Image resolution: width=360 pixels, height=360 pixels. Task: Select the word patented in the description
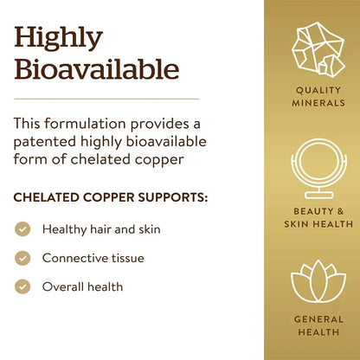point(45,141)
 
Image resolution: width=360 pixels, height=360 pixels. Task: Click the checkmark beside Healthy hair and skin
point(23,229)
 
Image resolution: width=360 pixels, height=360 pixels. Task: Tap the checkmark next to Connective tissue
point(23,258)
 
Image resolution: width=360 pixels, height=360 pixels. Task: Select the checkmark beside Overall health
point(23,286)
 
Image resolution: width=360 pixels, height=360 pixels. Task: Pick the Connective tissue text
point(93,258)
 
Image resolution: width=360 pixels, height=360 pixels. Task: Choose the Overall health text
point(83,286)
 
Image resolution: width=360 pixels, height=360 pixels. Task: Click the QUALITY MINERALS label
point(318,96)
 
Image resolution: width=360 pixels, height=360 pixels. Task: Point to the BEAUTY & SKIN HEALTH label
point(318,217)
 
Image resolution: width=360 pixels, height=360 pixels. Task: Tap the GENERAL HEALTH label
point(318,325)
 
